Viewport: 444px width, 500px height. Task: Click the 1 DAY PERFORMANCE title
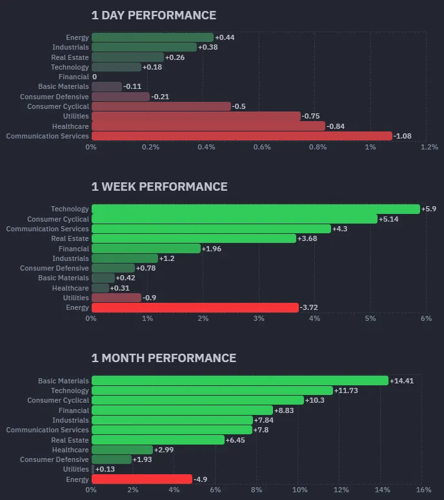pos(154,15)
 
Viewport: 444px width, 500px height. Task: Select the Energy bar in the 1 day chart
pos(152,37)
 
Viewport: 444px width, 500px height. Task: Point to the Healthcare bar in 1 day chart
pos(208,126)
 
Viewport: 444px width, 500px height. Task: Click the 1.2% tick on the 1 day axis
pos(429,147)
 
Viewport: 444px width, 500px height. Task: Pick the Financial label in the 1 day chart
pos(77,77)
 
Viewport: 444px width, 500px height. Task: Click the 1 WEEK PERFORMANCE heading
pos(159,187)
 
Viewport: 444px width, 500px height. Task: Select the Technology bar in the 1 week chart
pos(256,209)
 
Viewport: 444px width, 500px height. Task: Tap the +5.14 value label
pos(390,219)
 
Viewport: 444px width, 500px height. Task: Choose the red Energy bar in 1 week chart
pos(195,308)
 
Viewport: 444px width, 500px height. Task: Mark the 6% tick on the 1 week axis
pos(425,318)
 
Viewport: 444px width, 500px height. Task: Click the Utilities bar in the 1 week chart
pos(116,298)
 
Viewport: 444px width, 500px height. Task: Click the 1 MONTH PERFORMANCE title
pos(164,358)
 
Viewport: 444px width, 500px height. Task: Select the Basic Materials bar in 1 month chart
pos(240,381)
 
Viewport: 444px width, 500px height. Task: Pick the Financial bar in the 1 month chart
pos(182,410)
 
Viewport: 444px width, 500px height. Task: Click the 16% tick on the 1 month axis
pos(423,490)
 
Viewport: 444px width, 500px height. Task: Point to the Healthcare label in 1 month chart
pos(70,450)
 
